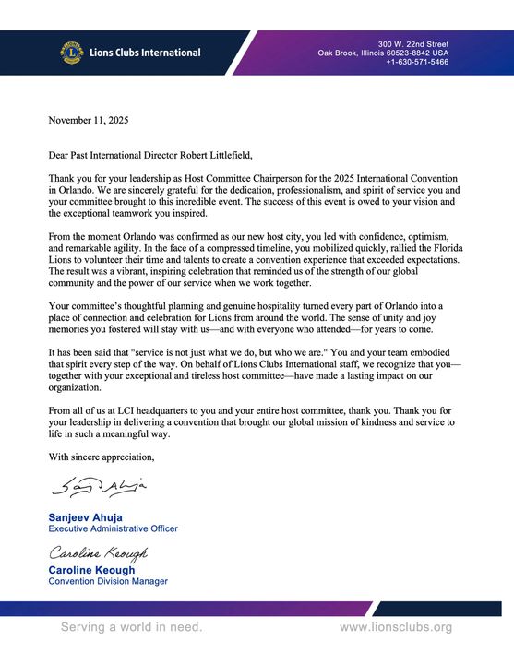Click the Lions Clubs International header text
point(145,53)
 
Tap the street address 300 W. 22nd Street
point(413,43)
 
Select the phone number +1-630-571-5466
point(417,62)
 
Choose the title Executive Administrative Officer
point(113,528)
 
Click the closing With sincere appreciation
point(102,456)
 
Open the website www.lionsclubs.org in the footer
point(396,627)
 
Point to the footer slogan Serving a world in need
point(131,627)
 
